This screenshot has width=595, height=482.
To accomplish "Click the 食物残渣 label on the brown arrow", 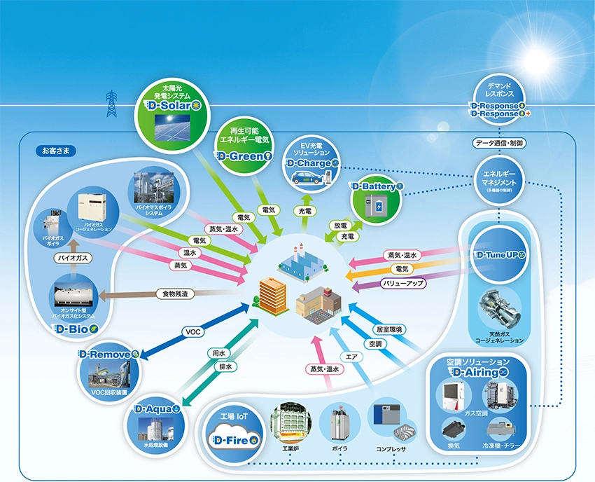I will pyautogui.click(x=175, y=294).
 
